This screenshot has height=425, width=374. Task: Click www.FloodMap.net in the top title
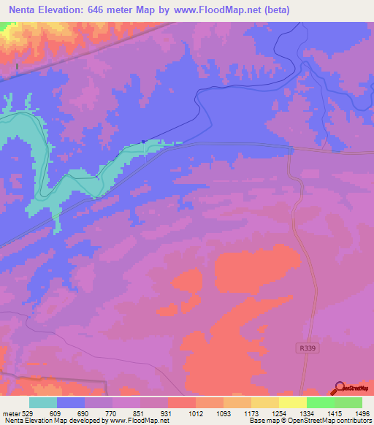(x=220, y=10)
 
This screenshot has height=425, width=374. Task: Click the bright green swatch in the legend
(x=320, y=402)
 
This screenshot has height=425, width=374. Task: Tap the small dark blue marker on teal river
(x=144, y=142)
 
